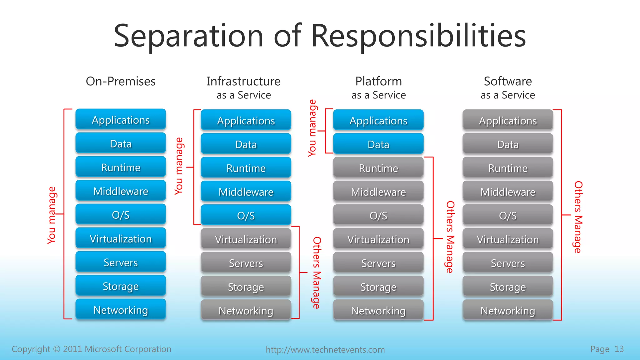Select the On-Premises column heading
click(121, 81)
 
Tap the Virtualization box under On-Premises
click(121, 239)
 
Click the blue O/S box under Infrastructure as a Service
click(246, 216)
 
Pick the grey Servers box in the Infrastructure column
click(246, 263)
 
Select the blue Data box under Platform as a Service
click(378, 144)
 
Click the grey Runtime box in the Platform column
click(378, 168)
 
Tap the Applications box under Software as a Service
click(508, 121)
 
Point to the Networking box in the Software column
click(508, 311)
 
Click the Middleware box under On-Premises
click(121, 191)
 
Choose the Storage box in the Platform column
click(378, 287)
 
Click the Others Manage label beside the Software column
click(578, 217)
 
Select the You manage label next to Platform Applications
click(312, 128)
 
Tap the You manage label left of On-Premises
click(52, 215)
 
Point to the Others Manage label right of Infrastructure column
click(317, 272)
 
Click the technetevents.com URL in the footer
click(325, 349)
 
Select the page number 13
click(619, 349)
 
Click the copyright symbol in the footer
click(56, 349)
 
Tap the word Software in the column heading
click(508, 81)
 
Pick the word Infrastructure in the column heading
click(243, 81)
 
